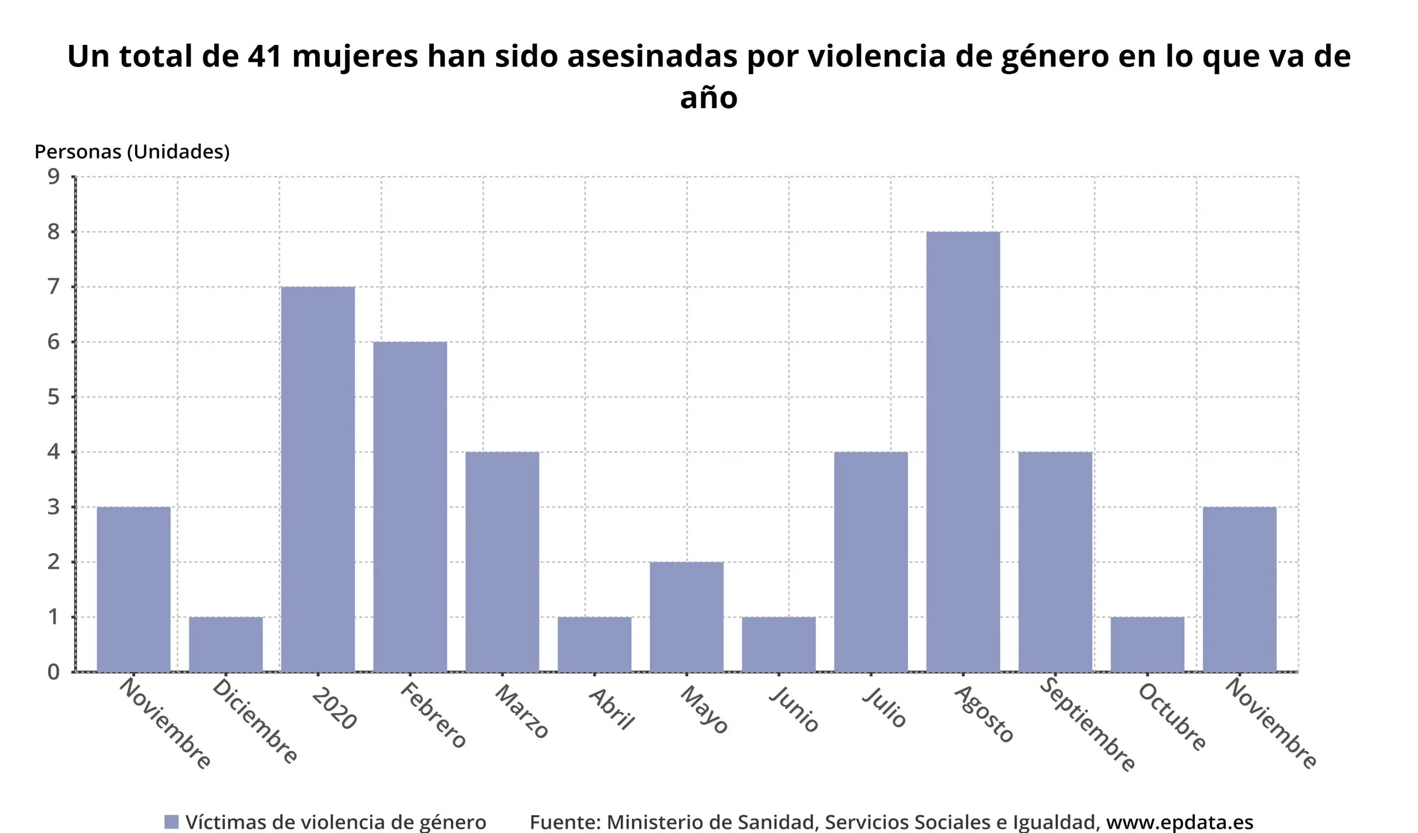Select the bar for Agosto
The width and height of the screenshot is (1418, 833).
(963, 451)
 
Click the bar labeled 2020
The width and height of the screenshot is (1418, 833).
(318, 479)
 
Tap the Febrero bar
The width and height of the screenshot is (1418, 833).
(410, 507)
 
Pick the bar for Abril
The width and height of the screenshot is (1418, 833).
(594, 645)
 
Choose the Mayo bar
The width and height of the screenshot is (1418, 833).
(686, 617)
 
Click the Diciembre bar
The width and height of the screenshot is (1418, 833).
(225, 645)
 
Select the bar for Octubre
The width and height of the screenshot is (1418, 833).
(1147, 645)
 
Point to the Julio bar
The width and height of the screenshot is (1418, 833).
(871, 562)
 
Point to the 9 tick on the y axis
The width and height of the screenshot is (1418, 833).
(54, 177)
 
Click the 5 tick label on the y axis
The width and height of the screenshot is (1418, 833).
(54, 397)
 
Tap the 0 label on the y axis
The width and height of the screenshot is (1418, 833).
(54, 672)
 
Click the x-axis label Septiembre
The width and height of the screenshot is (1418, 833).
(1087, 725)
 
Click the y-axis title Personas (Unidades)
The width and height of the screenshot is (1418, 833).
(132, 151)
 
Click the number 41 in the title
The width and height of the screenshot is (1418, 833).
(264, 57)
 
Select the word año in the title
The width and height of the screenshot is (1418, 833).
(708, 98)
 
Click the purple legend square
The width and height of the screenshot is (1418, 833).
(171, 822)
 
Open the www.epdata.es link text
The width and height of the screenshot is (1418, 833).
(1179, 822)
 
